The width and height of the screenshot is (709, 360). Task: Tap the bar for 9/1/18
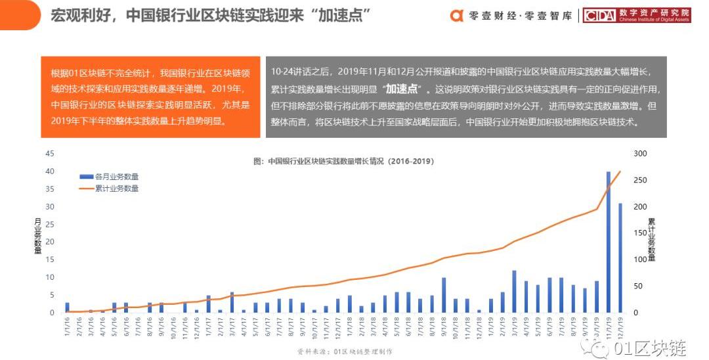point(444,295)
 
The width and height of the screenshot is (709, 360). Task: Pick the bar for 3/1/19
point(514,292)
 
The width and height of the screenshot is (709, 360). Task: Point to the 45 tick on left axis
point(49,154)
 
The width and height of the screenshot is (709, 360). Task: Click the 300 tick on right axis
point(640,154)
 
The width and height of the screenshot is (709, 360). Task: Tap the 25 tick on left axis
point(49,225)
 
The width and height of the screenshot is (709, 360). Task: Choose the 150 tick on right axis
point(640,233)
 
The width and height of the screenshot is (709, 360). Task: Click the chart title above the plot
point(343,161)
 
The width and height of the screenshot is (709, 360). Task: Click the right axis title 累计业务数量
point(651,239)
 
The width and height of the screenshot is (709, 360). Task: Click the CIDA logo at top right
point(599,16)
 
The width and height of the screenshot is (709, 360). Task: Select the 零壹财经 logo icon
point(457,16)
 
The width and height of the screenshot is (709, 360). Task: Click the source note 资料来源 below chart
point(345,351)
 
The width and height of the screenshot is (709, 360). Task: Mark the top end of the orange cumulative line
point(620,171)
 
